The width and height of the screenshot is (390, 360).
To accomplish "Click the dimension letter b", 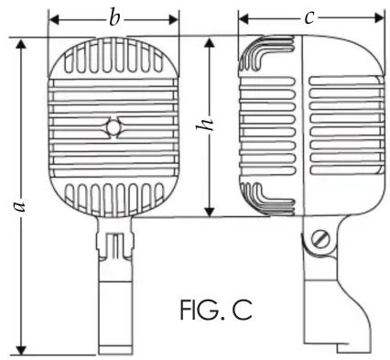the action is point(114,19).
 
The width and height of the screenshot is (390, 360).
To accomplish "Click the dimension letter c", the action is point(309,18).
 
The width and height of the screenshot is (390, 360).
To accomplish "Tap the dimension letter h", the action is point(204,124).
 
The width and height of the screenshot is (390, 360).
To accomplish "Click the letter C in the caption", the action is point(242,310).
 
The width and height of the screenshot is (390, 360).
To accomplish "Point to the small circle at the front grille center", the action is point(114,127).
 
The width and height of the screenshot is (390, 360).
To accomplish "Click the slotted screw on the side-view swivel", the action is point(320,239).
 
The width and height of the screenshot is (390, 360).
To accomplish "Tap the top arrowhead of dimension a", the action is point(21,44).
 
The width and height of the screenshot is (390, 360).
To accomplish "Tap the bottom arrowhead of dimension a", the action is point(21,350).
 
